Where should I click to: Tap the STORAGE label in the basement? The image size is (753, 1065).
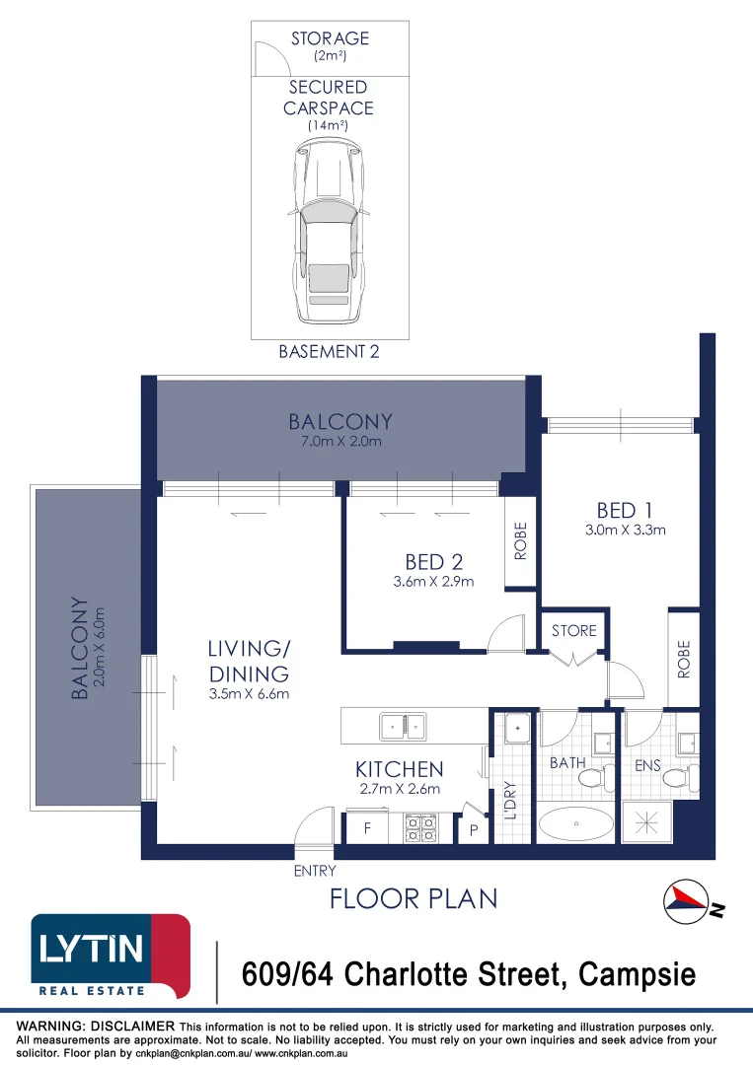[x=330, y=39]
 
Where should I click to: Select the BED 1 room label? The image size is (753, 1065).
[x=626, y=510]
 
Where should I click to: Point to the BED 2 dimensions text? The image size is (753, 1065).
[x=434, y=582]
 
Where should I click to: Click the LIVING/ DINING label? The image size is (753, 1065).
[x=248, y=662]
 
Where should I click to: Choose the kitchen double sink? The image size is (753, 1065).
[x=404, y=727]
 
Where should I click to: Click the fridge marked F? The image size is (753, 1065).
[x=367, y=829]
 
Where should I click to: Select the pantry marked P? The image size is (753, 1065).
[x=474, y=830]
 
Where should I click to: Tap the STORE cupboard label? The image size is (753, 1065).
[x=573, y=630]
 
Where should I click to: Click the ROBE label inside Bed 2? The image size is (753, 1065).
[x=520, y=542]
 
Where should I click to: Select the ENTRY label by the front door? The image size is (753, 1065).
[x=315, y=871]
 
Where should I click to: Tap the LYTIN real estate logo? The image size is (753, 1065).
[x=111, y=956]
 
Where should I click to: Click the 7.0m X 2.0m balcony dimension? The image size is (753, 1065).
[x=340, y=442]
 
